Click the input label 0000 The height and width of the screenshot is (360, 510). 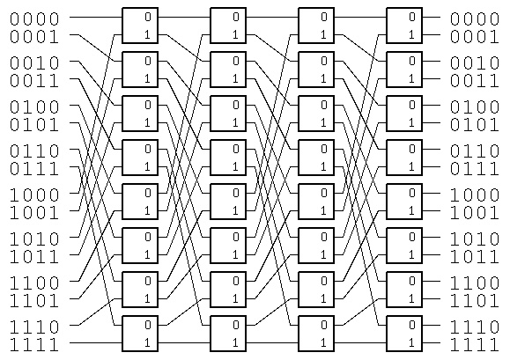[34, 19]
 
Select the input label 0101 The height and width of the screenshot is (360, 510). [34, 125]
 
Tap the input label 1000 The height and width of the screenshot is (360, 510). [34, 195]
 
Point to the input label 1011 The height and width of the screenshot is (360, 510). [34, 257]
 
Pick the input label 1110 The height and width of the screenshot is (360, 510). [34, 327]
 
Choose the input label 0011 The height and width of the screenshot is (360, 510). [34, 81]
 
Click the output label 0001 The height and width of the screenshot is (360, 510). [475, 37]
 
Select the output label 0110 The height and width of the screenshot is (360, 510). [475, 151]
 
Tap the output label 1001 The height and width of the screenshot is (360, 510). [475, 213]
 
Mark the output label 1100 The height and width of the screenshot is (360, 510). [475, 283]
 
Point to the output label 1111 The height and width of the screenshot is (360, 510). [475, 345]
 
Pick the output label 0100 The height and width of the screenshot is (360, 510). [475, 107]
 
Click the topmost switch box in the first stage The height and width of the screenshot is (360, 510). [140, 26]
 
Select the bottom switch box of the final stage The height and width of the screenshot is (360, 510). [404, 334]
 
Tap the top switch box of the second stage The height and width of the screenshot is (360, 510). [228, 26]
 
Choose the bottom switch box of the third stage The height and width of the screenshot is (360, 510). [316, 334]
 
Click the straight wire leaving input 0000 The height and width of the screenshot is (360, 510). [96, 17]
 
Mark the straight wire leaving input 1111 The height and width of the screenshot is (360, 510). [96, 342]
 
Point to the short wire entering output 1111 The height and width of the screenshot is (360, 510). [432, 342]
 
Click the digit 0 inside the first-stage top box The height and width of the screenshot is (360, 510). [148, 17]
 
